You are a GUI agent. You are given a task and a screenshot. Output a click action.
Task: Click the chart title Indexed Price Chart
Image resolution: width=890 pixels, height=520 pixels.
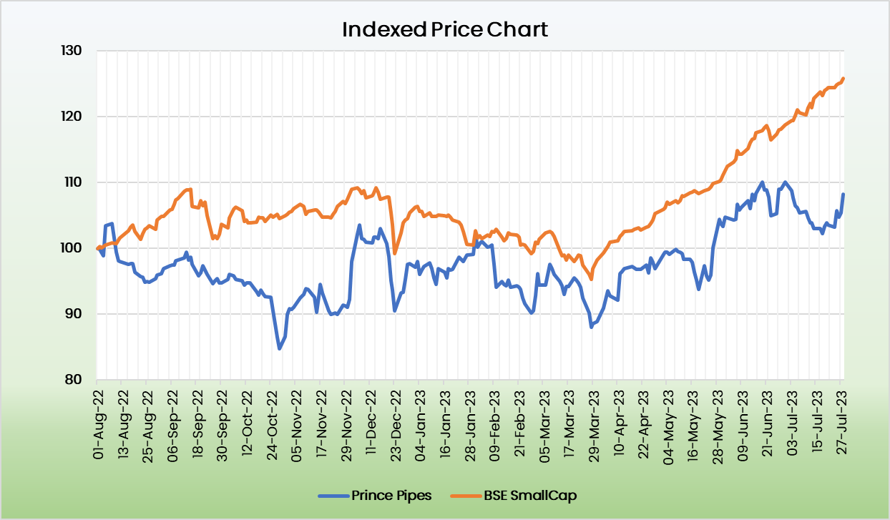[444, 29]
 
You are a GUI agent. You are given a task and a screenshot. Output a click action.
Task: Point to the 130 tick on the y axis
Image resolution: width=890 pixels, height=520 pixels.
[73, 51]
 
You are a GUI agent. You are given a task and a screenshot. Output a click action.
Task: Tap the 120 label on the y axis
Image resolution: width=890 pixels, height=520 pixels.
[73, 117]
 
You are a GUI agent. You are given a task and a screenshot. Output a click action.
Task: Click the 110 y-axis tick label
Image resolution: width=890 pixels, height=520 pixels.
[73, 182]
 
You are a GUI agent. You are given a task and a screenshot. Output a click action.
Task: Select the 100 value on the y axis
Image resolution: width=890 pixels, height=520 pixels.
[73, 248]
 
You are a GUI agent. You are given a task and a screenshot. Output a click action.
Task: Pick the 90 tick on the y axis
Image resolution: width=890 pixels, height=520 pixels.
[76, 314]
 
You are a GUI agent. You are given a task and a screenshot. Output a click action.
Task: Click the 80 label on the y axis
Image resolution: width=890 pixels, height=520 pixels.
[76, 380]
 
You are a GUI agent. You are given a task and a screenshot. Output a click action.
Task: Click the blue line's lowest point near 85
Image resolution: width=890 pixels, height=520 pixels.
[279, 348]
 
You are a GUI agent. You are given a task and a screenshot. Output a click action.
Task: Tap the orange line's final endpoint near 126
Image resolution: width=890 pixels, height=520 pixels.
[843, 79]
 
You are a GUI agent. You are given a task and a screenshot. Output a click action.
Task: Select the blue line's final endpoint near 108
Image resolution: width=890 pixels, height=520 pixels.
[843, 195]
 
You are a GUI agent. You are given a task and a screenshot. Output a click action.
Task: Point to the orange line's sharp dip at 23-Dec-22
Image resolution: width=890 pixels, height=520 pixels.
[395, 253]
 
